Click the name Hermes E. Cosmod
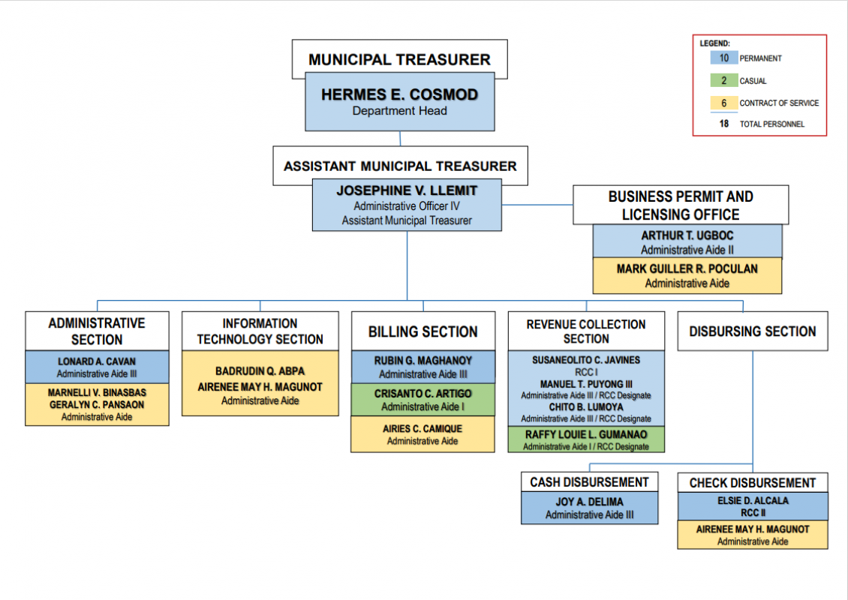tap(400, 94)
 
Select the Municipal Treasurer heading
tap(400, 59)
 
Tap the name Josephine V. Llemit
tap(407, 190)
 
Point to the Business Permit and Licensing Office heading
tap(681, 205)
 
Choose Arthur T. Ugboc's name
tap(687, 235)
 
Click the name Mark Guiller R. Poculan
tap(687, 268)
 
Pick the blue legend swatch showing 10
tap(723, 58)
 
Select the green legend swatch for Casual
tap(723, 80)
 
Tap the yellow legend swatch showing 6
tap(723, 103)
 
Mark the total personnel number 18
tap(723, 124)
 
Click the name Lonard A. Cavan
tap(97, 361)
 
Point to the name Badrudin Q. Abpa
tap(260, 371)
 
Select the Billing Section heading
tap(423, 331)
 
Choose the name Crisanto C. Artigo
tap(423, 394)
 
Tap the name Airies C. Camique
tap(422, 429)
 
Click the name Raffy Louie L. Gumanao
tap(585, 434)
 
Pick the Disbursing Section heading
tap(752, 331)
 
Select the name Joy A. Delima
tap(590, 502)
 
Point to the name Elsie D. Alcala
tap(753, 500)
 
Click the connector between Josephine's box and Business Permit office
tap(537, 205)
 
